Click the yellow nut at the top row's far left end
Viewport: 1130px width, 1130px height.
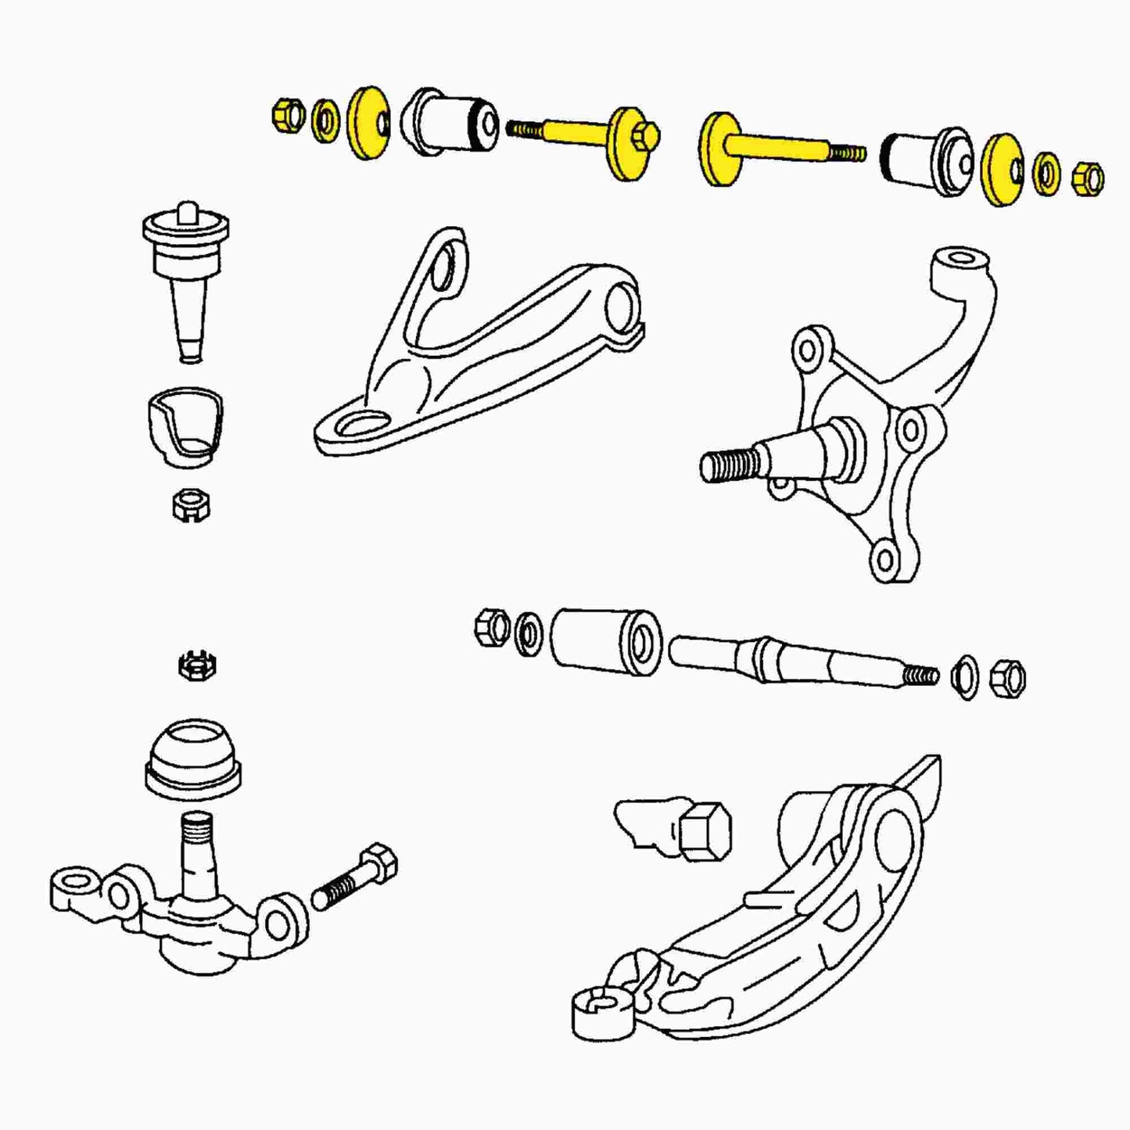click(x=287, y=115)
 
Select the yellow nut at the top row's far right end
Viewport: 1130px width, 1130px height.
click(x=1088, y=178)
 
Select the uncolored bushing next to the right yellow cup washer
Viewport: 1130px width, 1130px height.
click(x=927, y=159)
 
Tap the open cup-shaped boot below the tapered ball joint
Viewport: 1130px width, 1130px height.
click(x=185, y=426)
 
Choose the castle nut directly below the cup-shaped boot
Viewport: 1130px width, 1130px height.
click(x=191, y=505)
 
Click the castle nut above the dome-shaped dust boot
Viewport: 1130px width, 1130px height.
click(x=197, y=666)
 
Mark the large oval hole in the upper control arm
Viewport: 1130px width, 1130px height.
click(x=366, y=426)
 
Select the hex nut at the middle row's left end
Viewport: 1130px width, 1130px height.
click(x=492, y=626)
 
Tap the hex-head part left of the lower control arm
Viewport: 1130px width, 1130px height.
click(x=704, y=830)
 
